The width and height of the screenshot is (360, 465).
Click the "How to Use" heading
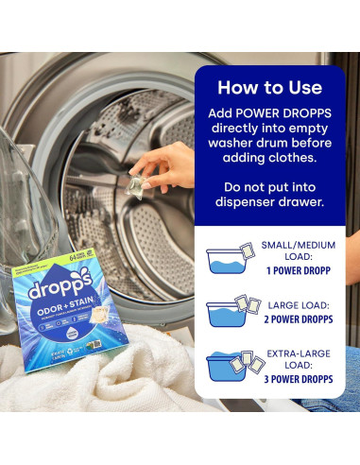click(x=268, y=88)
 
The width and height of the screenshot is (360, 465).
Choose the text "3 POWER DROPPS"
click(x=297, y=378)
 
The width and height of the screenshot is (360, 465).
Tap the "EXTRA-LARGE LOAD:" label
click(x=298, y=358)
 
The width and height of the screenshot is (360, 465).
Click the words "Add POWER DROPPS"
click(x=268, y=112)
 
